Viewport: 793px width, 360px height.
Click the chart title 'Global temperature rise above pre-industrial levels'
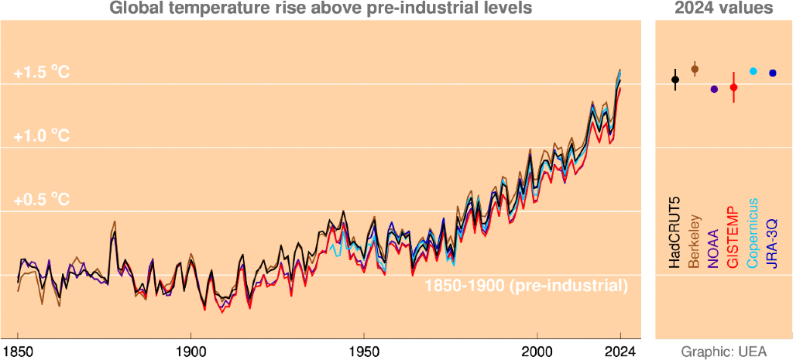coord(321,9)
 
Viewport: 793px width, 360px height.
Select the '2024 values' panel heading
coord(723,9)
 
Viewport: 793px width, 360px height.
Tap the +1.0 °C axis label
coord(42,136)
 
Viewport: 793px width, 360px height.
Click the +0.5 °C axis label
coord(42,200)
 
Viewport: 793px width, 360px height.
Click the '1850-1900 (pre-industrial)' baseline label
coord(526,285)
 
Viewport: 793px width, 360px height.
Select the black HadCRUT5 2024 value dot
coord(675,79)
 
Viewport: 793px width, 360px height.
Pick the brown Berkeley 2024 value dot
coord(695,69)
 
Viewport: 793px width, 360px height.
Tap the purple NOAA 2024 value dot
coord(714,89)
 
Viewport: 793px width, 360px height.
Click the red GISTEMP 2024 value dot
coord(733,87)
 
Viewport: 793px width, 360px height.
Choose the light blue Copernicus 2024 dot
coord(754,71)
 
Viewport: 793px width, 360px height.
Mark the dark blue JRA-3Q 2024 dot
coord(772,73)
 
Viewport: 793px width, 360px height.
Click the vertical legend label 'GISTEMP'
coord(733,237)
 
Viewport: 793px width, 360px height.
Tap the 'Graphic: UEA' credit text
coord(723,351)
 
